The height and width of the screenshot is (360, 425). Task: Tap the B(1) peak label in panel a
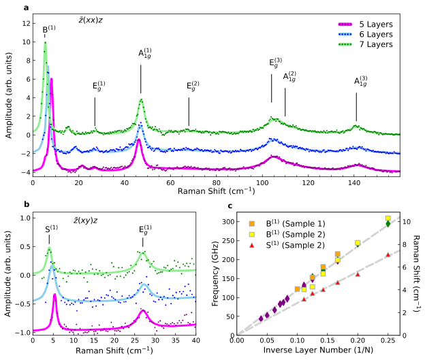(49, 30)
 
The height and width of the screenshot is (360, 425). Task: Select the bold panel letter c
(230, 205)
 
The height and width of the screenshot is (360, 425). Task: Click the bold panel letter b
(27, 204)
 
